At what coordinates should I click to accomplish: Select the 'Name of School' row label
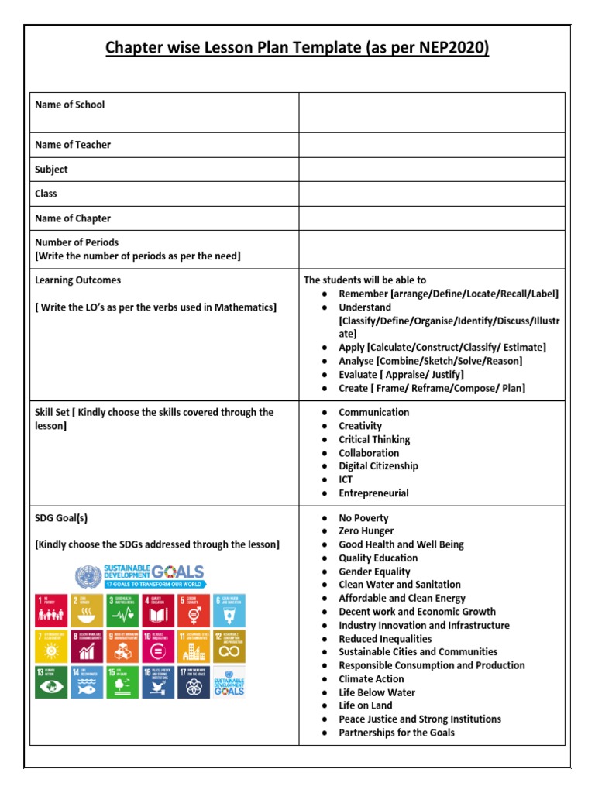pos(70,105)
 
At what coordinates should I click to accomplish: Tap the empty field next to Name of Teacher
pos(432,145)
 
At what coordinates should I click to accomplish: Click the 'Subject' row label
pos(51,170)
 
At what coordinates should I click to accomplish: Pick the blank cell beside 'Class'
pos(432,194)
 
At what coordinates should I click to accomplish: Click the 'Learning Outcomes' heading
pos(77,280)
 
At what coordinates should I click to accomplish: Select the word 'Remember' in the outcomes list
pos(363,294)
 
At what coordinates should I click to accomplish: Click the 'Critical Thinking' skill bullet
pos(374,439)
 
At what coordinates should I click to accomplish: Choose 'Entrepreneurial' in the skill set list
pos(373,493)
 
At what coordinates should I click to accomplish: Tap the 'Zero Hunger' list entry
pos(366,531)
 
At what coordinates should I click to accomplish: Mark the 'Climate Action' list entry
pos(371,679)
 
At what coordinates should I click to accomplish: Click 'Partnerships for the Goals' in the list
pos(396,733)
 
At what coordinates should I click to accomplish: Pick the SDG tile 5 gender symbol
pos(192,609)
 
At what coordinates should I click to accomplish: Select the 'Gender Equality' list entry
pos(374,572)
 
